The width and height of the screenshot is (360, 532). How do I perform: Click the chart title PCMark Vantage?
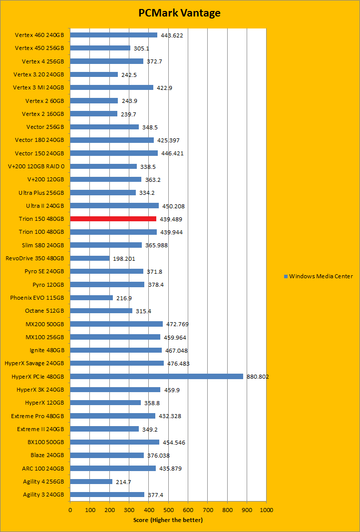(x=179, y=13)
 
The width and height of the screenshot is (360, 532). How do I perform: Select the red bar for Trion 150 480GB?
(x=113, y=219)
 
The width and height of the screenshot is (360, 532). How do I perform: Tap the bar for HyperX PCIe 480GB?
(x=156, y=376)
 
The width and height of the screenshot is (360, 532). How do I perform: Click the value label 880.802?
(x=258, y=377)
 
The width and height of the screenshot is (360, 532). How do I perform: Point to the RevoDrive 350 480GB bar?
(x=90, y=258)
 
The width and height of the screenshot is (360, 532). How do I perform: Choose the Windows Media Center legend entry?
(x=318, y=276)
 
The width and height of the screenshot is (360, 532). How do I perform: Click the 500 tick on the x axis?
(x=168, y=510)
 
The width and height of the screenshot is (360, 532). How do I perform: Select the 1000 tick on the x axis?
(x=266, y=510)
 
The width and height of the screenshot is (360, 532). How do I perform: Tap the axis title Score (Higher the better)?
(x=168, y=520)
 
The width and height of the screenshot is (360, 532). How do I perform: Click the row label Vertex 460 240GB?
(x=39, y=35)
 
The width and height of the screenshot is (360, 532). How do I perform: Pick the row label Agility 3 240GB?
(x=43, y=495)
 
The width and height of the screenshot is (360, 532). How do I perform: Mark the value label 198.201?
(x=124, y=259)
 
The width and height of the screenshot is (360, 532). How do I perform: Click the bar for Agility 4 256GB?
(x=91, y=482)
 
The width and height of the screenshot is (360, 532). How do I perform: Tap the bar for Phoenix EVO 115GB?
(x=91, y=298)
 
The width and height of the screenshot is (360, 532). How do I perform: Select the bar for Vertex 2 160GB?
(x=93, y=113)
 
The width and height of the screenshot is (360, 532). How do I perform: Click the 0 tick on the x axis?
(x=70, y=510)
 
